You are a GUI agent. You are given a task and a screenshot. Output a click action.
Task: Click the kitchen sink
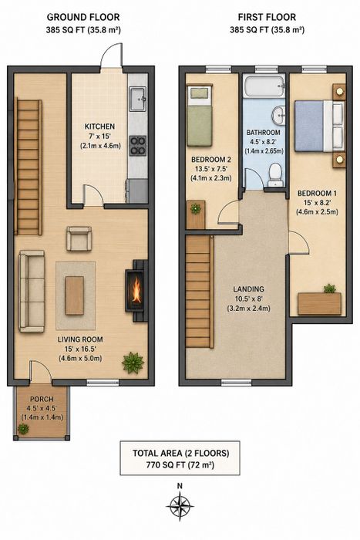pos(138,100)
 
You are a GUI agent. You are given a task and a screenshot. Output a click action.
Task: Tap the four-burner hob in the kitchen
pos(138,145)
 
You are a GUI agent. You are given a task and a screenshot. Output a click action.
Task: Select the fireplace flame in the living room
pos(136,290)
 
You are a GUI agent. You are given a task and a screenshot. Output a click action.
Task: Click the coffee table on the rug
pos(75,295)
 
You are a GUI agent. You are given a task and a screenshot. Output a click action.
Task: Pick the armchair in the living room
pos(79,238)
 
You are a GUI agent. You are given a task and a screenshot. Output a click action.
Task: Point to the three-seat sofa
pos(32,292)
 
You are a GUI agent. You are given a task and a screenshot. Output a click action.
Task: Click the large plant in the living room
pos(133,363)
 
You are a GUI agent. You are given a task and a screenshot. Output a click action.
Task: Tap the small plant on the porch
pos(23,429)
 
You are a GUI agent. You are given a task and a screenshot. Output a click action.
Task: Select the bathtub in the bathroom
pos(264,86)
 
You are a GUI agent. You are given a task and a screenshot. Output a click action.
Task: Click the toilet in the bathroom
pos(275,175)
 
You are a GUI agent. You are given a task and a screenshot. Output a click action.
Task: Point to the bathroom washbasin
pos(278,115)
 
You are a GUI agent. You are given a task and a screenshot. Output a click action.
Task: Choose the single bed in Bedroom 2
pos(200,116)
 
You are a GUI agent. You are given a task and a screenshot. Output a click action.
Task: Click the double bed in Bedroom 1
pos(319,126)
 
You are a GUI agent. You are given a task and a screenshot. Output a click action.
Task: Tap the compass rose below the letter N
pos(180,506)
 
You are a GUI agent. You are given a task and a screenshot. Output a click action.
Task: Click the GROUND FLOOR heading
pos(83,17)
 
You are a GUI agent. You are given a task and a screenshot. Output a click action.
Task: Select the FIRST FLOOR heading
pos(267,17)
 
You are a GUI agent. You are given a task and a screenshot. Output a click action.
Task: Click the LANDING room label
pos(248,289)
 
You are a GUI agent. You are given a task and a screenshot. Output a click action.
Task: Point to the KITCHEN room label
pos(99,127)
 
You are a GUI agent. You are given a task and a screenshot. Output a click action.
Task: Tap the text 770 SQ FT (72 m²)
pos(180,465)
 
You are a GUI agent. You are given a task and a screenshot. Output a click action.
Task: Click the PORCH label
pos(42,399)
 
